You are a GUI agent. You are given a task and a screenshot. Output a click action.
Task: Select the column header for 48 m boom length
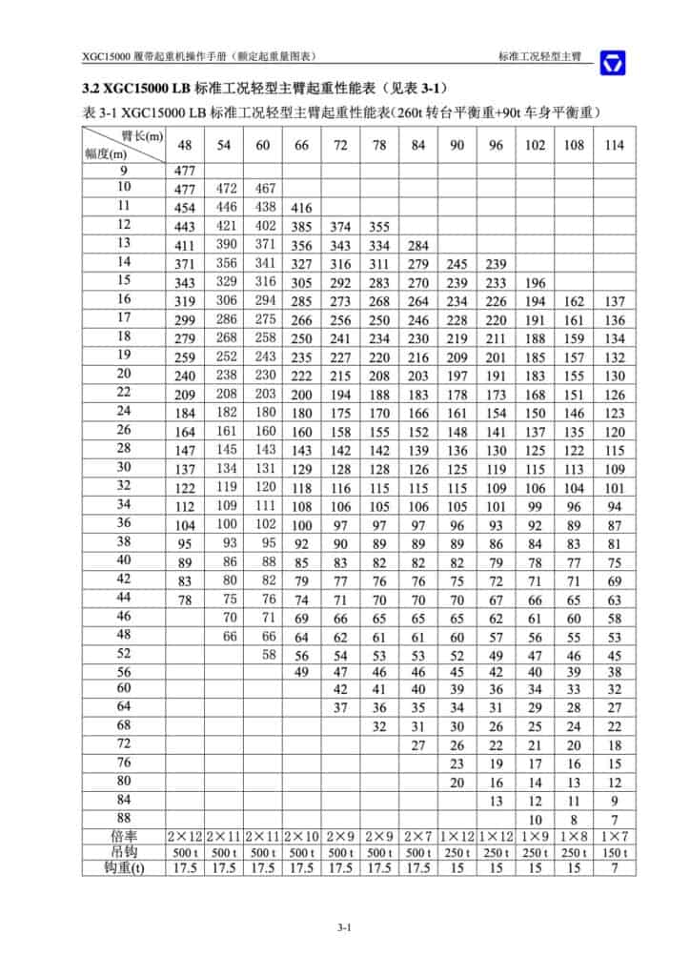click(x=185, y=145)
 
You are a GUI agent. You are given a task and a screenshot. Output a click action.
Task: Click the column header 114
click(x=615, y=145)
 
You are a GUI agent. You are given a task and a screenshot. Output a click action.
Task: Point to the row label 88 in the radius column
click(x=123, y=817)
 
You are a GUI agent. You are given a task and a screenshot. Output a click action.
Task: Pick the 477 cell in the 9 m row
click(x=185, y=171)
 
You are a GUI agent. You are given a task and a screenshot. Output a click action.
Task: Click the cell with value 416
click(x=301, y=208)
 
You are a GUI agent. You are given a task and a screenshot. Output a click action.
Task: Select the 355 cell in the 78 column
click(x=379, y=226)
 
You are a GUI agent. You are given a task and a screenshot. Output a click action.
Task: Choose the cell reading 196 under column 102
click(x=536, y=282)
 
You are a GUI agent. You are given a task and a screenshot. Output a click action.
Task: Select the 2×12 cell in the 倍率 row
click(x=185, y=835)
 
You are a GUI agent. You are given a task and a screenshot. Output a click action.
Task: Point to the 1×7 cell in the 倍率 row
click(x=615, y=835)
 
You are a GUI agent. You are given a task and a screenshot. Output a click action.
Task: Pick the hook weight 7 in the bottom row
click(x=615, y=867)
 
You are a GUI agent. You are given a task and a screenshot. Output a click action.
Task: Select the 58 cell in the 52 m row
click(x=270, y=653)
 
